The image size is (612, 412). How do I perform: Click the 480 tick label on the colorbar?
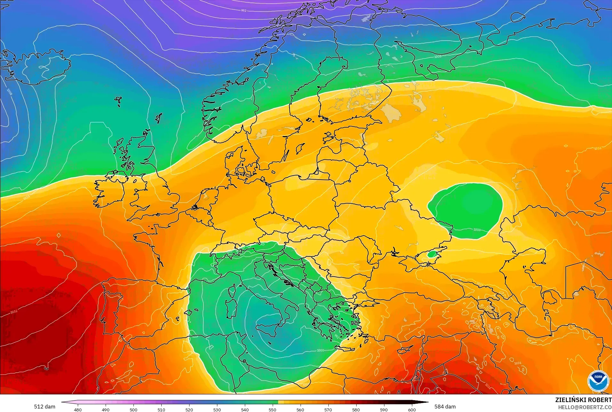pos(77,409)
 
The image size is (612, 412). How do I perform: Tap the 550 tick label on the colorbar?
pos(272,409)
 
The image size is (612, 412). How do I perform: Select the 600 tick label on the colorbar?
pos(412,409)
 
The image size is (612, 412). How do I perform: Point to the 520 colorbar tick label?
pos(189,409)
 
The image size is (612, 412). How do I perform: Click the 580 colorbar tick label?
pos(356,409)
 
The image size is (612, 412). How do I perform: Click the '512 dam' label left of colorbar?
pos(44,407)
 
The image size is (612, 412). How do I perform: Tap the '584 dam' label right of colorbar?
pos(445,407)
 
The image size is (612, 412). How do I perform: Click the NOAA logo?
pos(598,381)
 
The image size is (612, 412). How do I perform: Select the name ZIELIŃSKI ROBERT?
pos(583,400)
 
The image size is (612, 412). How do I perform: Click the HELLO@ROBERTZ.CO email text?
pos(585,407)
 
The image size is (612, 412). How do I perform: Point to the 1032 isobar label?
pos(14,311)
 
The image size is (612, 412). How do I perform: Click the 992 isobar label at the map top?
pos(244,11)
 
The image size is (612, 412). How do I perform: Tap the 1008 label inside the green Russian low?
pos(477,230)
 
